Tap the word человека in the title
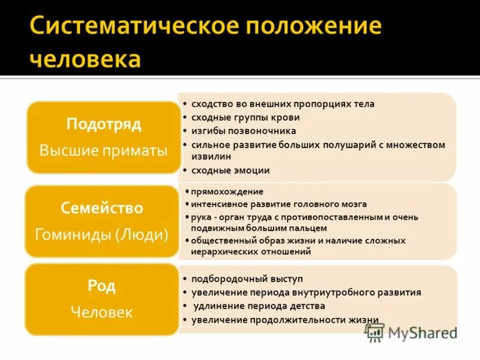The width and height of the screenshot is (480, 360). click(x=86, y=59)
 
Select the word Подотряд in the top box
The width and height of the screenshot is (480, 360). click(x=104, y=125)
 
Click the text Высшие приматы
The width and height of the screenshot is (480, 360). click(x=104, y=150)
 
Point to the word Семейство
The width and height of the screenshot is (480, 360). click(x=102, y=208)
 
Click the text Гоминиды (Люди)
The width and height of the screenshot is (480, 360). click(x=102, y=233)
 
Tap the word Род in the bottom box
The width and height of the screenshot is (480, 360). click(x=102, y=286)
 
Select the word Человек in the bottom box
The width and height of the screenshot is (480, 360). click(x=102, y=312)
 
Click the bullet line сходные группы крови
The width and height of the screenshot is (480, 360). click(x=245, y=118)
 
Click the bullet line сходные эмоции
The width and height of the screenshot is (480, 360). click(x=230, y=170)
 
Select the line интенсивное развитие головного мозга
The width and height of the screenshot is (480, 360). click(x=279, y=204)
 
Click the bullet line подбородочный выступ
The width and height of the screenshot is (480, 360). click(x=247, y=279)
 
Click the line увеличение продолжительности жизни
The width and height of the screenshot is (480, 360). click(x=285, y=319)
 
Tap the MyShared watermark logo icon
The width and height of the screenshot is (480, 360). click(x=375, y=332)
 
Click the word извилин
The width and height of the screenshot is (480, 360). click(x=211, y=156)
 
